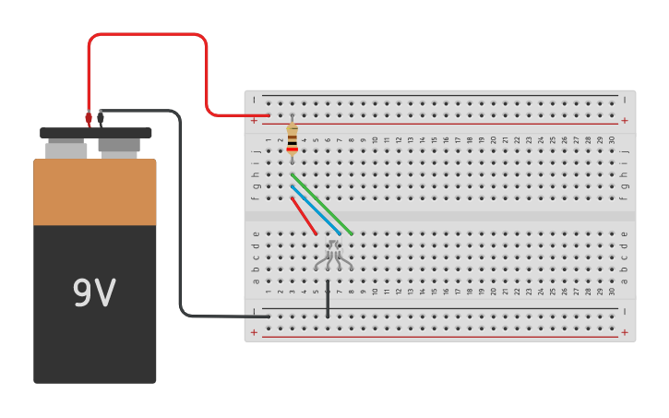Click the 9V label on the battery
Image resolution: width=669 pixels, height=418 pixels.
94,293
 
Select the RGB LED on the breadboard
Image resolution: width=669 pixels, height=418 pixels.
333,253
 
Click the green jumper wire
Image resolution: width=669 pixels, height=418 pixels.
321,203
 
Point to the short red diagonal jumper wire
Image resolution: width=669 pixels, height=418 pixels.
304,215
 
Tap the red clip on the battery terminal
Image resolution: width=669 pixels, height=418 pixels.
89,118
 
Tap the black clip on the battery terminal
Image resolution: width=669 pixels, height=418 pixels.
101,117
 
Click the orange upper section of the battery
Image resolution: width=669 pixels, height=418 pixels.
95,192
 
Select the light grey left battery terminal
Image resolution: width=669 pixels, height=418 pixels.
66,148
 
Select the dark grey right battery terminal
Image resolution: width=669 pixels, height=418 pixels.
119,146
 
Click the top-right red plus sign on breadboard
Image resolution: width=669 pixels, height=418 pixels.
625,120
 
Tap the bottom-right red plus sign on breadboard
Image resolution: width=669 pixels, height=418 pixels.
625,332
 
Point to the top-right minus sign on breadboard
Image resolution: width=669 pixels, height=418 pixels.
625,100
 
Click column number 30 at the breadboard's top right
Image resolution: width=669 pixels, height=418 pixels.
612,140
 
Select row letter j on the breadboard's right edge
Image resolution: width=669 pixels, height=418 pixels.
625,151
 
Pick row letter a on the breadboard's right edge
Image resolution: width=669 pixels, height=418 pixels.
625,281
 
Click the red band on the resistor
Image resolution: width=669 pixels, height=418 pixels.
293,149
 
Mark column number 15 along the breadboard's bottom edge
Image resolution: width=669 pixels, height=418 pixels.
434,292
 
